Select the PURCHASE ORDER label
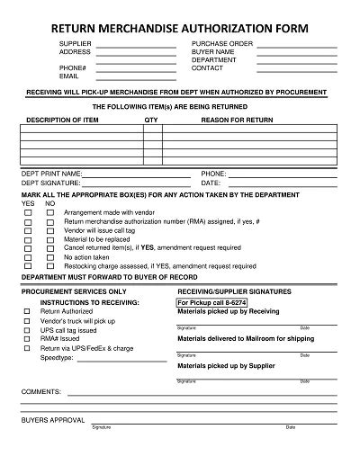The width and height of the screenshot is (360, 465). coord(220,43)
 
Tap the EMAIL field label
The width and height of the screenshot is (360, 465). coord(69,76)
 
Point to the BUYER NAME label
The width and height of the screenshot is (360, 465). coord(213,51)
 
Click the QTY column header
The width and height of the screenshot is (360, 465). coord(150,119)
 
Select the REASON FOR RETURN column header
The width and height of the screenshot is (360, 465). coord(238,119)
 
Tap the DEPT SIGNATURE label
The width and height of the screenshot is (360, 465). coord(52,183)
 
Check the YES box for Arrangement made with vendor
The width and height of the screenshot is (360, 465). coord(27,212)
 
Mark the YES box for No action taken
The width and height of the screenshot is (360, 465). coord(27,256)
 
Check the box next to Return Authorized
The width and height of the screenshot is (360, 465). coord(27,311)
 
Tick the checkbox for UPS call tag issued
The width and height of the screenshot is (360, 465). coord(27,329)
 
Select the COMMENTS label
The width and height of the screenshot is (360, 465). coord(40,393)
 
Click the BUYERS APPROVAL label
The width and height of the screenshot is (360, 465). coord(52,420)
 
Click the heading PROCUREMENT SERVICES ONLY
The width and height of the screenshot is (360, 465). coord(75,292)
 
